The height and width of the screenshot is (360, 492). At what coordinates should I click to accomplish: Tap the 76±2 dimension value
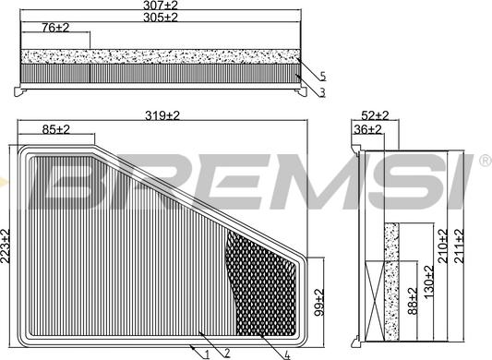click(x=56, y=28)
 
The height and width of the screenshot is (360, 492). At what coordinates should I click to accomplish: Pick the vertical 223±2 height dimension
click(x=6, y=246)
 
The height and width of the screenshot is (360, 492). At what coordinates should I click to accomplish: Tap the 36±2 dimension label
click(x=368, y=130)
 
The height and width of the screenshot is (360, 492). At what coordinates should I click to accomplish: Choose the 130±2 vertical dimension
click(x=429, y=281)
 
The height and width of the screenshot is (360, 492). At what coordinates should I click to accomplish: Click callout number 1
click(x=208, y=354)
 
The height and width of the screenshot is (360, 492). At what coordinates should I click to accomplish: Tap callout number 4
click(x=288, y=354)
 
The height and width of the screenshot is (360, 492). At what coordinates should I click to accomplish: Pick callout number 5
click(x=323, y=76)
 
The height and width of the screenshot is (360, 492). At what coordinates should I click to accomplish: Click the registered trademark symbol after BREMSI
click(x=484, y=161)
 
